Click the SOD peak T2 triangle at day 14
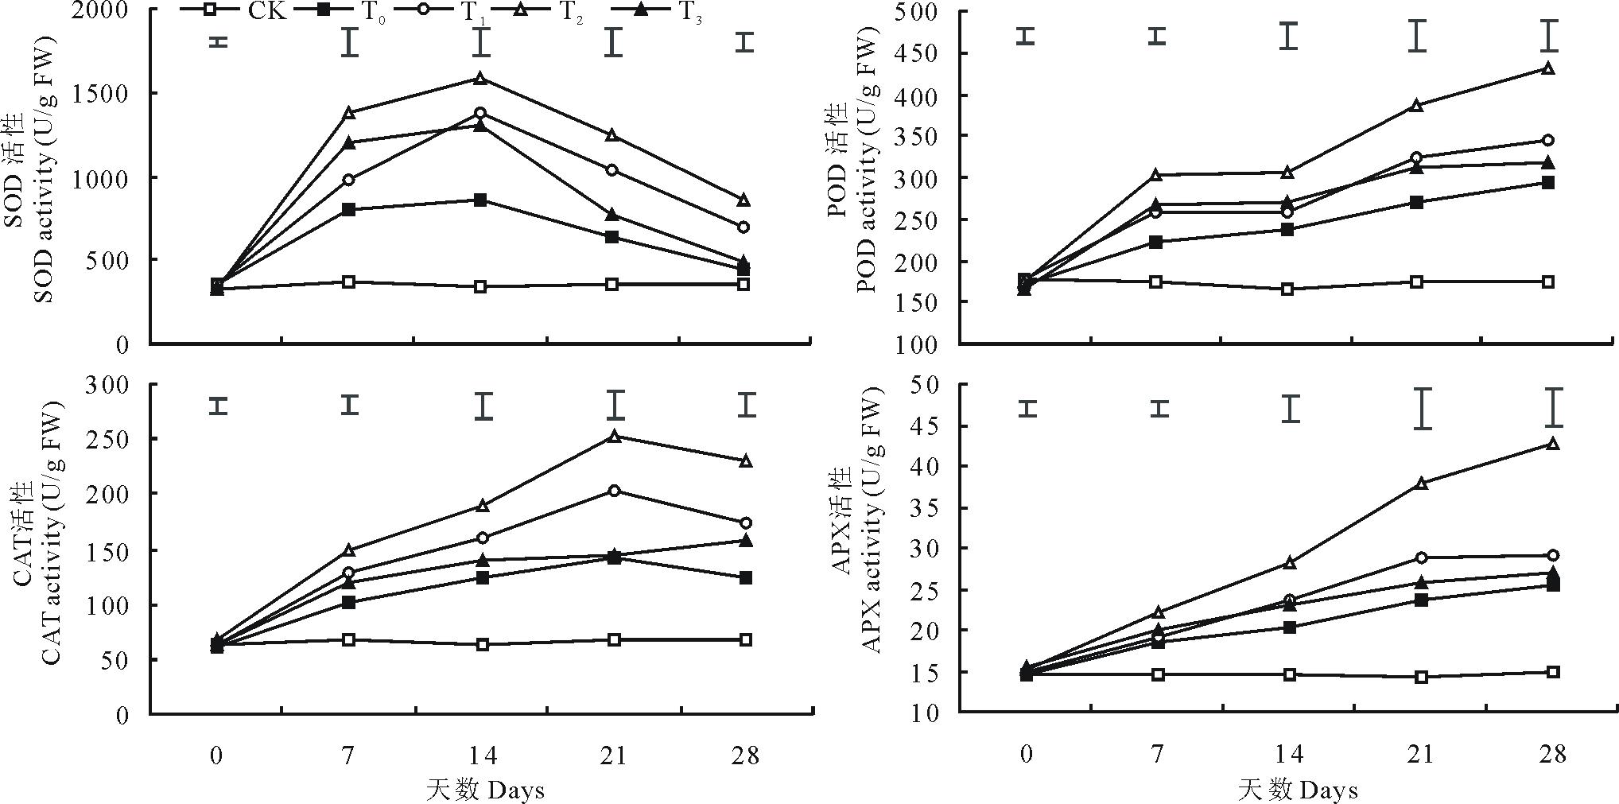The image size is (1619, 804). pyautogui.click(x=480, y=78)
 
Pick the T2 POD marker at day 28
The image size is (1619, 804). pyautogui.click(x=1547, y=68)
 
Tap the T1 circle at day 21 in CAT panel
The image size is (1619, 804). pyautogui.click(x=614, y=491)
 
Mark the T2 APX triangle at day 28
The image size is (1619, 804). pyautogui.click(x=1552, y=444)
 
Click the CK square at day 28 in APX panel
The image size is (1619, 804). pyautogui.click(x=1552, y=672)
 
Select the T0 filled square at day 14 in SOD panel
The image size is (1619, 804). pyautogui.click(x=480, y=200)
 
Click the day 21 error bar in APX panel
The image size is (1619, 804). pyautogui.click(x=1422, y=409)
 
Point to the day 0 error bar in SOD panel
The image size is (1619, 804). pyautogui.click(x=218, y=41)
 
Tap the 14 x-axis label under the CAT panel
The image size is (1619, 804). pyautogui.click(x=480, y=754)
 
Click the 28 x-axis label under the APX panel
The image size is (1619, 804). pyautogui.click(x=1552, y=754)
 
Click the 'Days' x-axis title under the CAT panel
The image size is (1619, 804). pyautogui.click(x=515, y=790)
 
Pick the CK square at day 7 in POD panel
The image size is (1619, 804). pyautogui.click(x=1157, y=282)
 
